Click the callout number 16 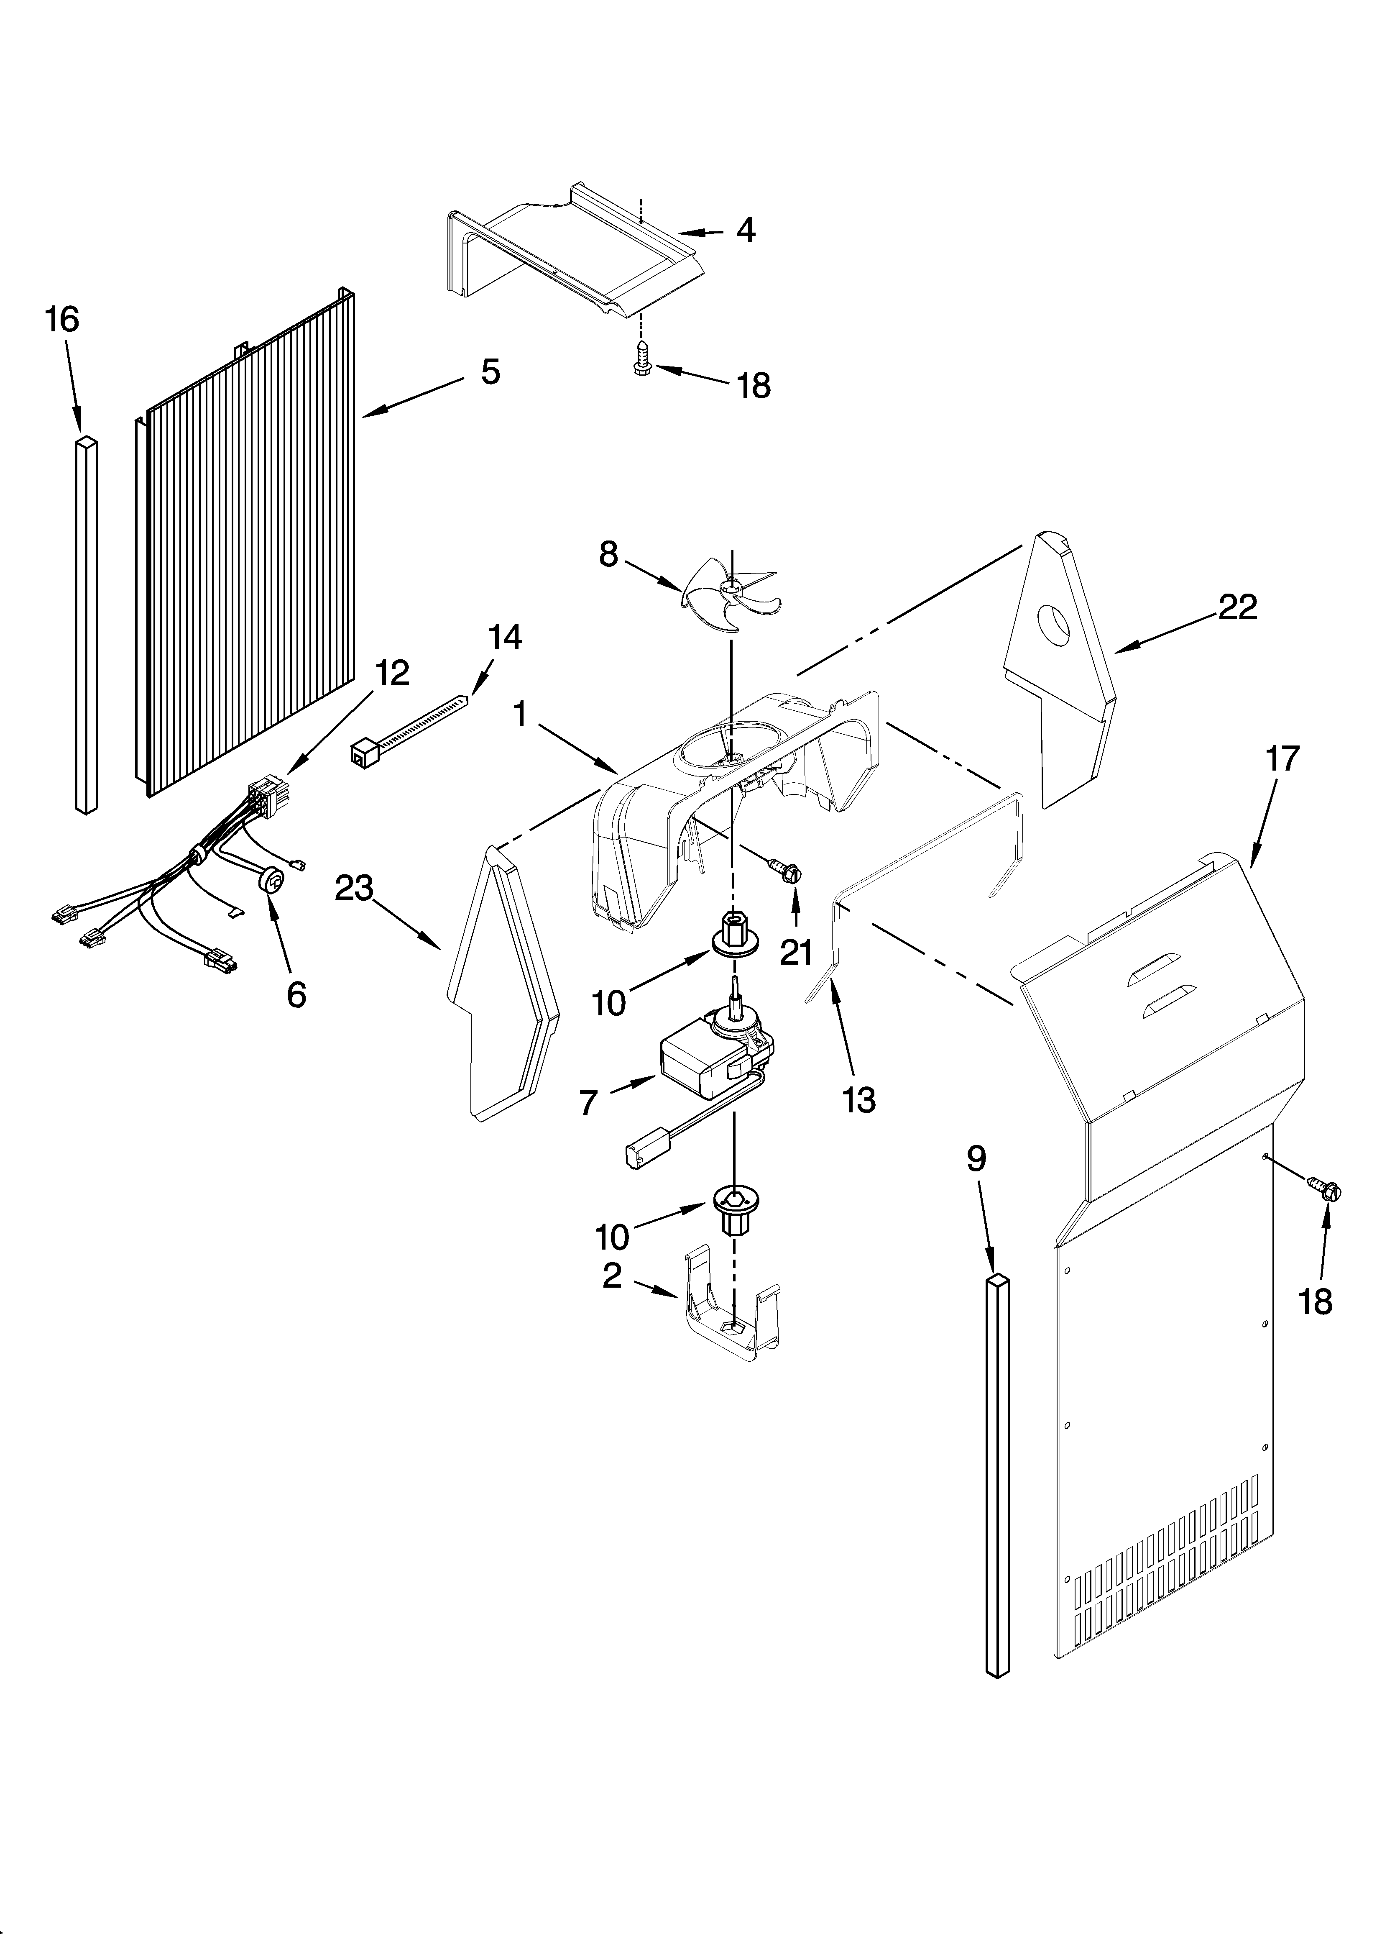[x=61, y=320]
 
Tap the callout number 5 [x=490, y=372]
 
